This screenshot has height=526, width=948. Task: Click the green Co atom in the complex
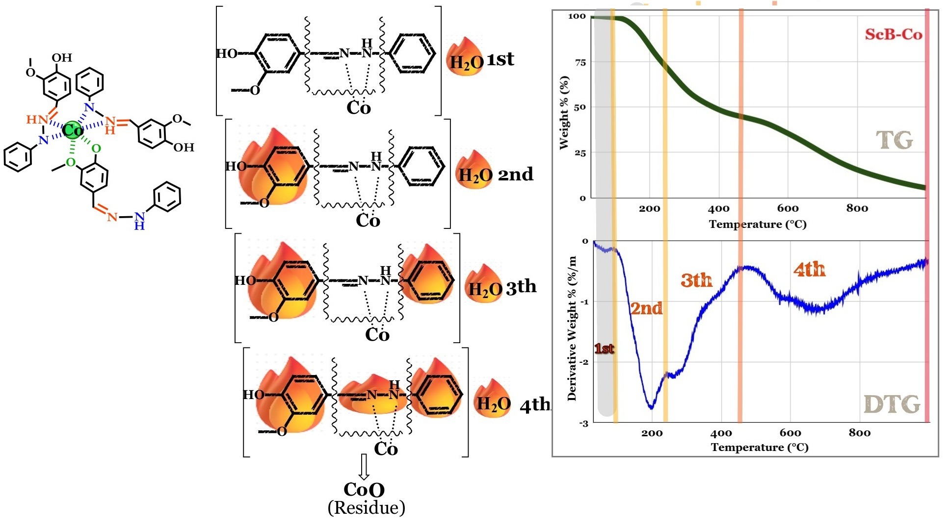pos(73,130)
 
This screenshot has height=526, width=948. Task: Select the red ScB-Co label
pos(893,34)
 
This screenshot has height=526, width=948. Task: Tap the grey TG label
pos(894,141)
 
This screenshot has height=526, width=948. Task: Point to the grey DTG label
pos(892,405)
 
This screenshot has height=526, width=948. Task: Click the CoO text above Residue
pos(364,489)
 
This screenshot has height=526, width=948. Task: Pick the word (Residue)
pos(366,508)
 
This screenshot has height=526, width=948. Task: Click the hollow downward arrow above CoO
pos(364,466)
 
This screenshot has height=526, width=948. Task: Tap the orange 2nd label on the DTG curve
pos(646,308)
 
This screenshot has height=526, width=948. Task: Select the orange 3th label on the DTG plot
pos(696,280)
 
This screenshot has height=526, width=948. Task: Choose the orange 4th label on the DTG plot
pos(809,270)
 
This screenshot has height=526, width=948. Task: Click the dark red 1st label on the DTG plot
pos(604,349)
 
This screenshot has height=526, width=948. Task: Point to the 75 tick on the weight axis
pos(580,62)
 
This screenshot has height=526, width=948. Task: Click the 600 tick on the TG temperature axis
pos(788,208)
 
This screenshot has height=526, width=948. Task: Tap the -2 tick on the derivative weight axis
pos(583,362)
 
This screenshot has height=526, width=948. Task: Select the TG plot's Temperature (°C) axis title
pos(758,225)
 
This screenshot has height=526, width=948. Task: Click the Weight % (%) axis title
pos(564,113)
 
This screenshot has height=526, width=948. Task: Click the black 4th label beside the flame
pos(535,405)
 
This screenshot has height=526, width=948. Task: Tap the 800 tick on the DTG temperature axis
pos(860,433)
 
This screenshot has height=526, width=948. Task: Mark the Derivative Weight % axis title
pos(572,328)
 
